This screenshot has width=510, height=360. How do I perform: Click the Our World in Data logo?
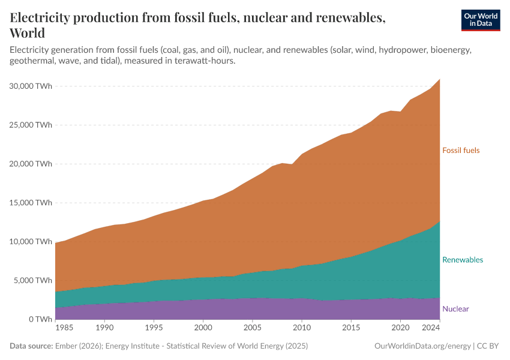[480, 20]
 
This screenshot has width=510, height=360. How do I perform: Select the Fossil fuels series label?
[461, 151]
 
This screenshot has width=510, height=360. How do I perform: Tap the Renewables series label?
[462, 260]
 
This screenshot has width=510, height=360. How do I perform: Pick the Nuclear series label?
[455, 309]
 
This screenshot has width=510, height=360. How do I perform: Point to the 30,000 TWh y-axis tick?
[31, 86]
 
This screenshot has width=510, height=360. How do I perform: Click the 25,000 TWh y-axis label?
[31, 125]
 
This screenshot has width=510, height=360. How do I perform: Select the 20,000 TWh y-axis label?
[31, 164]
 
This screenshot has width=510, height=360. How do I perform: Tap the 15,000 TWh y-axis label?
[31, 203]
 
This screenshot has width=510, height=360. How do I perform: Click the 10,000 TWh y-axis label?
[31, 242]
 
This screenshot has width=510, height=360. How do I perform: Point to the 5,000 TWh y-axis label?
[34, 280]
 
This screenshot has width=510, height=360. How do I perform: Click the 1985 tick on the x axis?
[65, 329]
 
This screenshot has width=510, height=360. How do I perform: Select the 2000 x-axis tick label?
[203, 329]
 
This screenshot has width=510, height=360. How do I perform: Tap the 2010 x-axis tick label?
[302, 329]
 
